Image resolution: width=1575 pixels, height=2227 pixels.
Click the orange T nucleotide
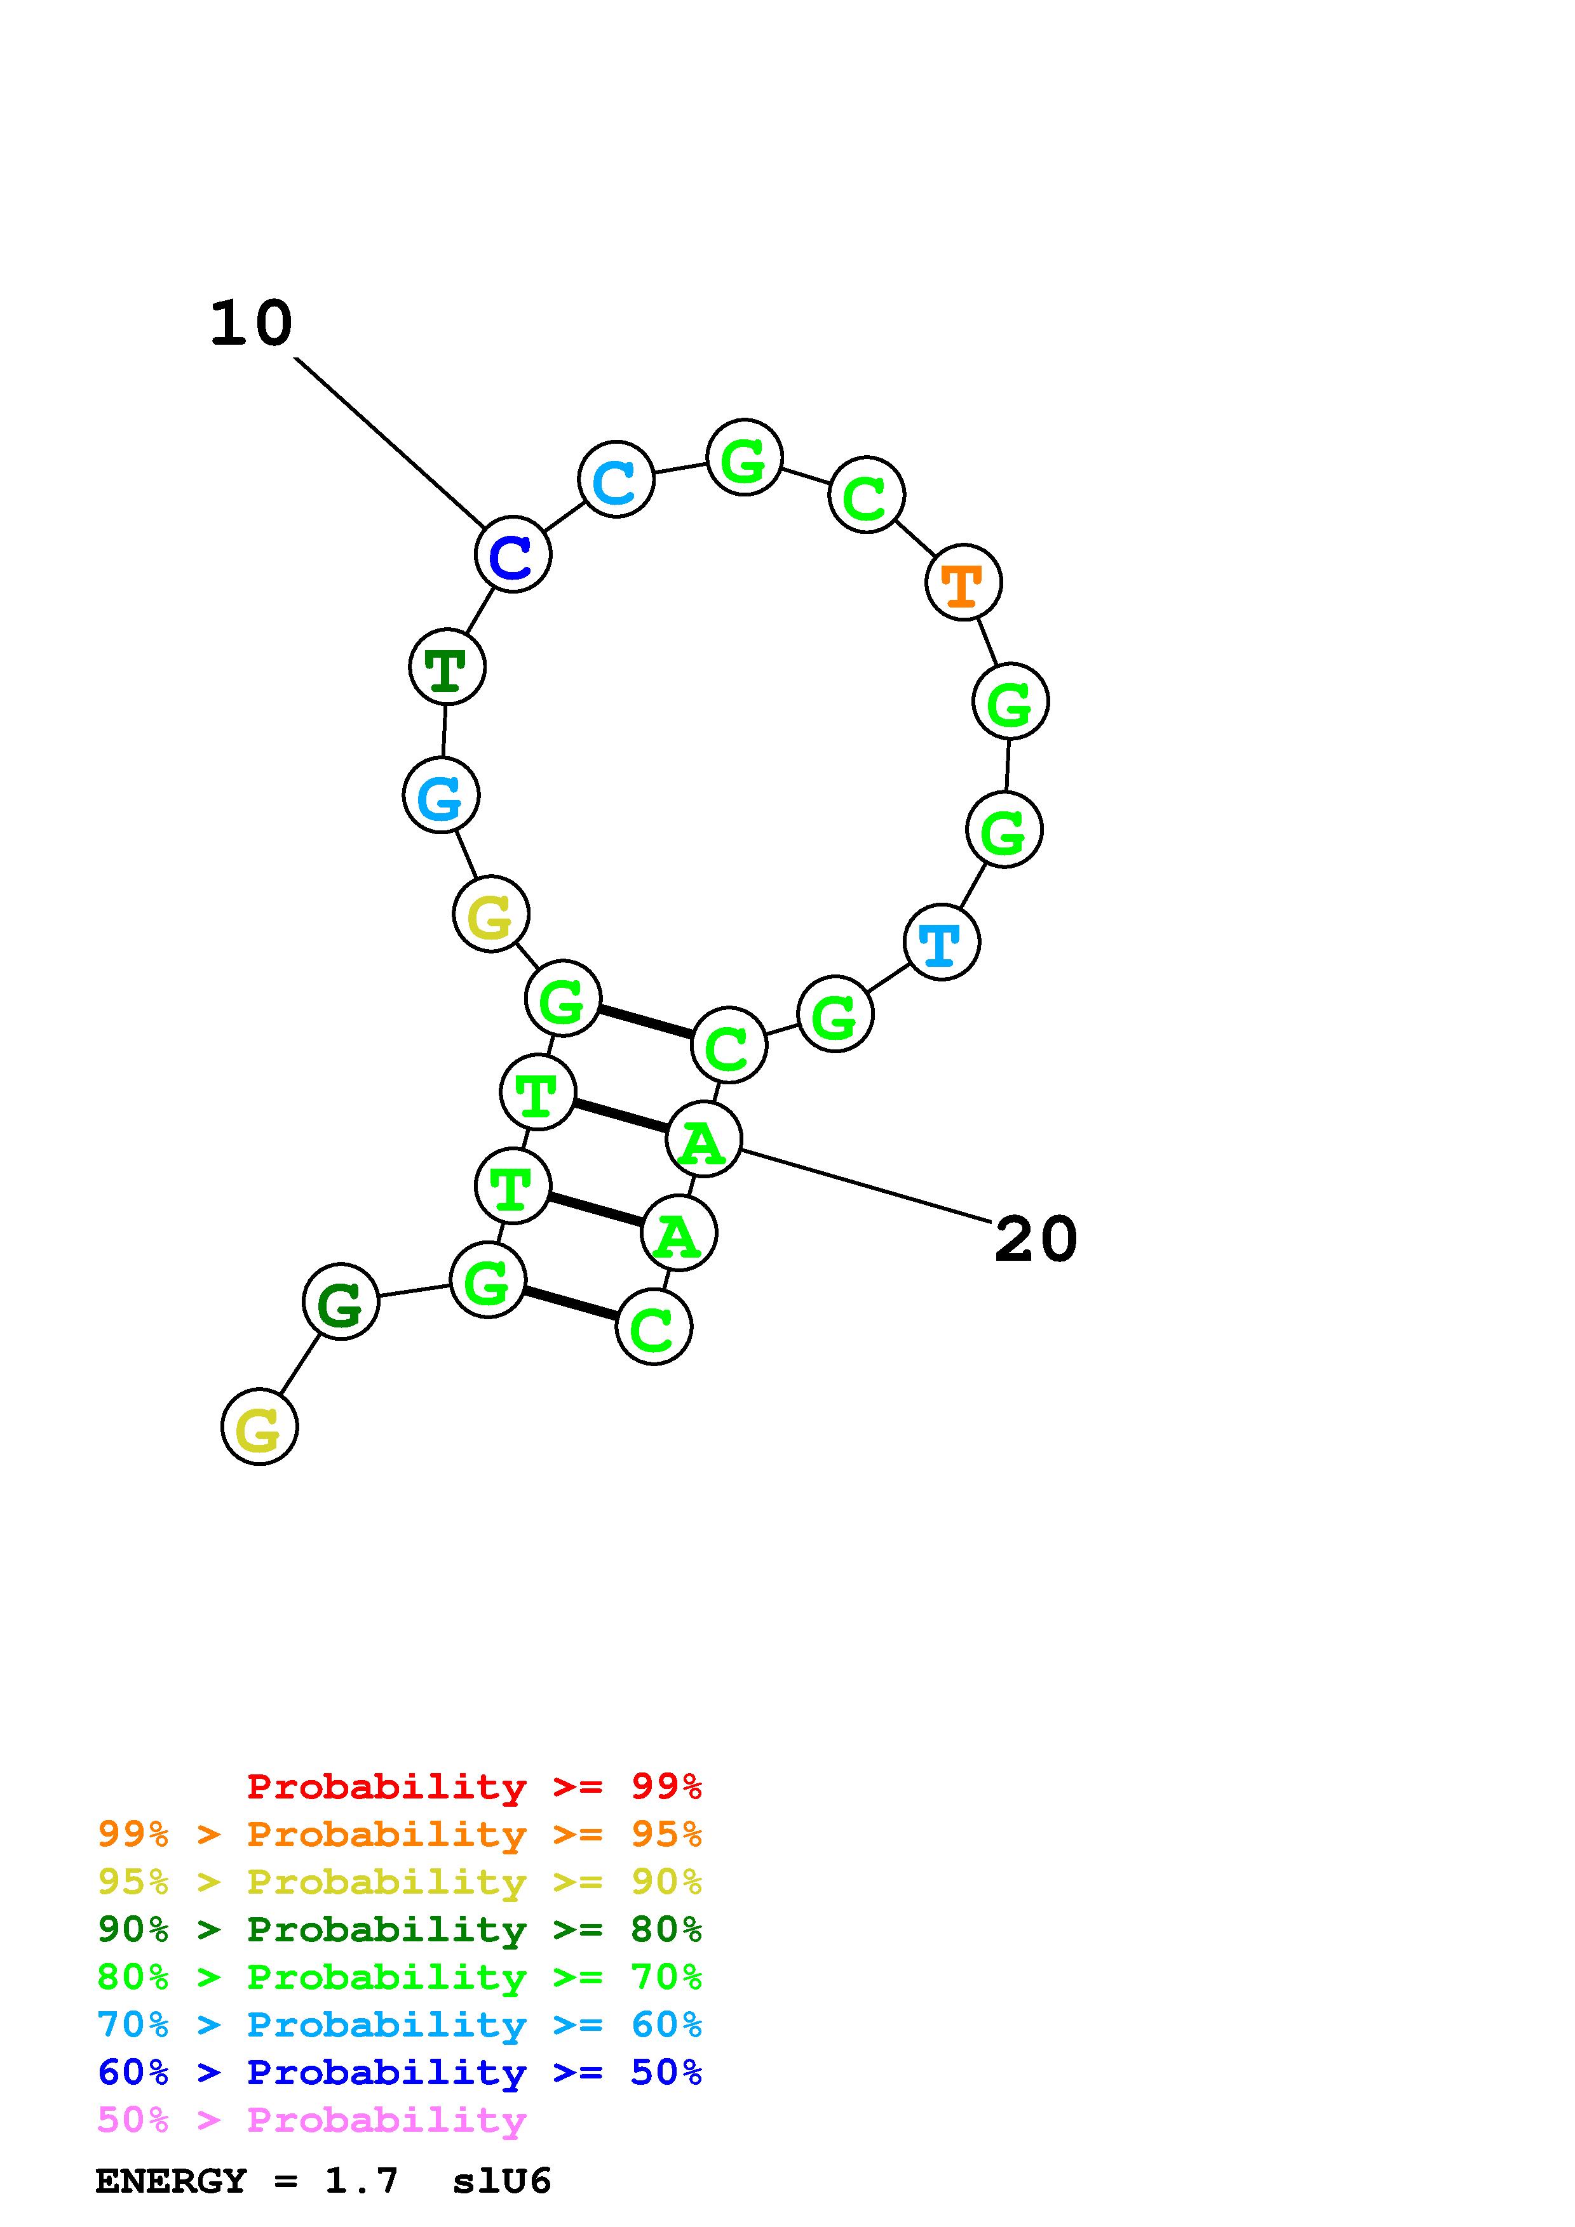click(963, 583)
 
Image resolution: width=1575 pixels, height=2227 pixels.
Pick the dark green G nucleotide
click(341, 1301)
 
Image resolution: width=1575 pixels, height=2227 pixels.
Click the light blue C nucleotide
click(615, 479)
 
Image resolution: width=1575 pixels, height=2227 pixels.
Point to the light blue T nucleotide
click(940, 942)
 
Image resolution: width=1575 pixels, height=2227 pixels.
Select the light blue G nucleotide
click(440, 795)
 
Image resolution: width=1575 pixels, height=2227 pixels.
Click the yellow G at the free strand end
click(259, 1427)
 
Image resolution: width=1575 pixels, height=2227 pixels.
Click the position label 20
click(1036, 1240)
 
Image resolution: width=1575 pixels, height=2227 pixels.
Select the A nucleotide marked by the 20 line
click(703, 1139)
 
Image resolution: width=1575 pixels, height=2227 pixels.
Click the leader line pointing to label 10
click(388, 441)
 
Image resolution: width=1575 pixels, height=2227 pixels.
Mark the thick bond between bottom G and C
click(571, 1303)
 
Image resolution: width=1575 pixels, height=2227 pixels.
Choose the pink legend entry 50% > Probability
click(311, 2120)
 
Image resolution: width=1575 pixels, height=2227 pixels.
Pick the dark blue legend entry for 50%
click(399, 2073)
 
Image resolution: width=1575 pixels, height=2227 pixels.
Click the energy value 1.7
click(361, 2181)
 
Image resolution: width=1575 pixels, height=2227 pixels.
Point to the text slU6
click(502, 2181)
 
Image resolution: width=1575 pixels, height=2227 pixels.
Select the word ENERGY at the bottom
click(171, 2181)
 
